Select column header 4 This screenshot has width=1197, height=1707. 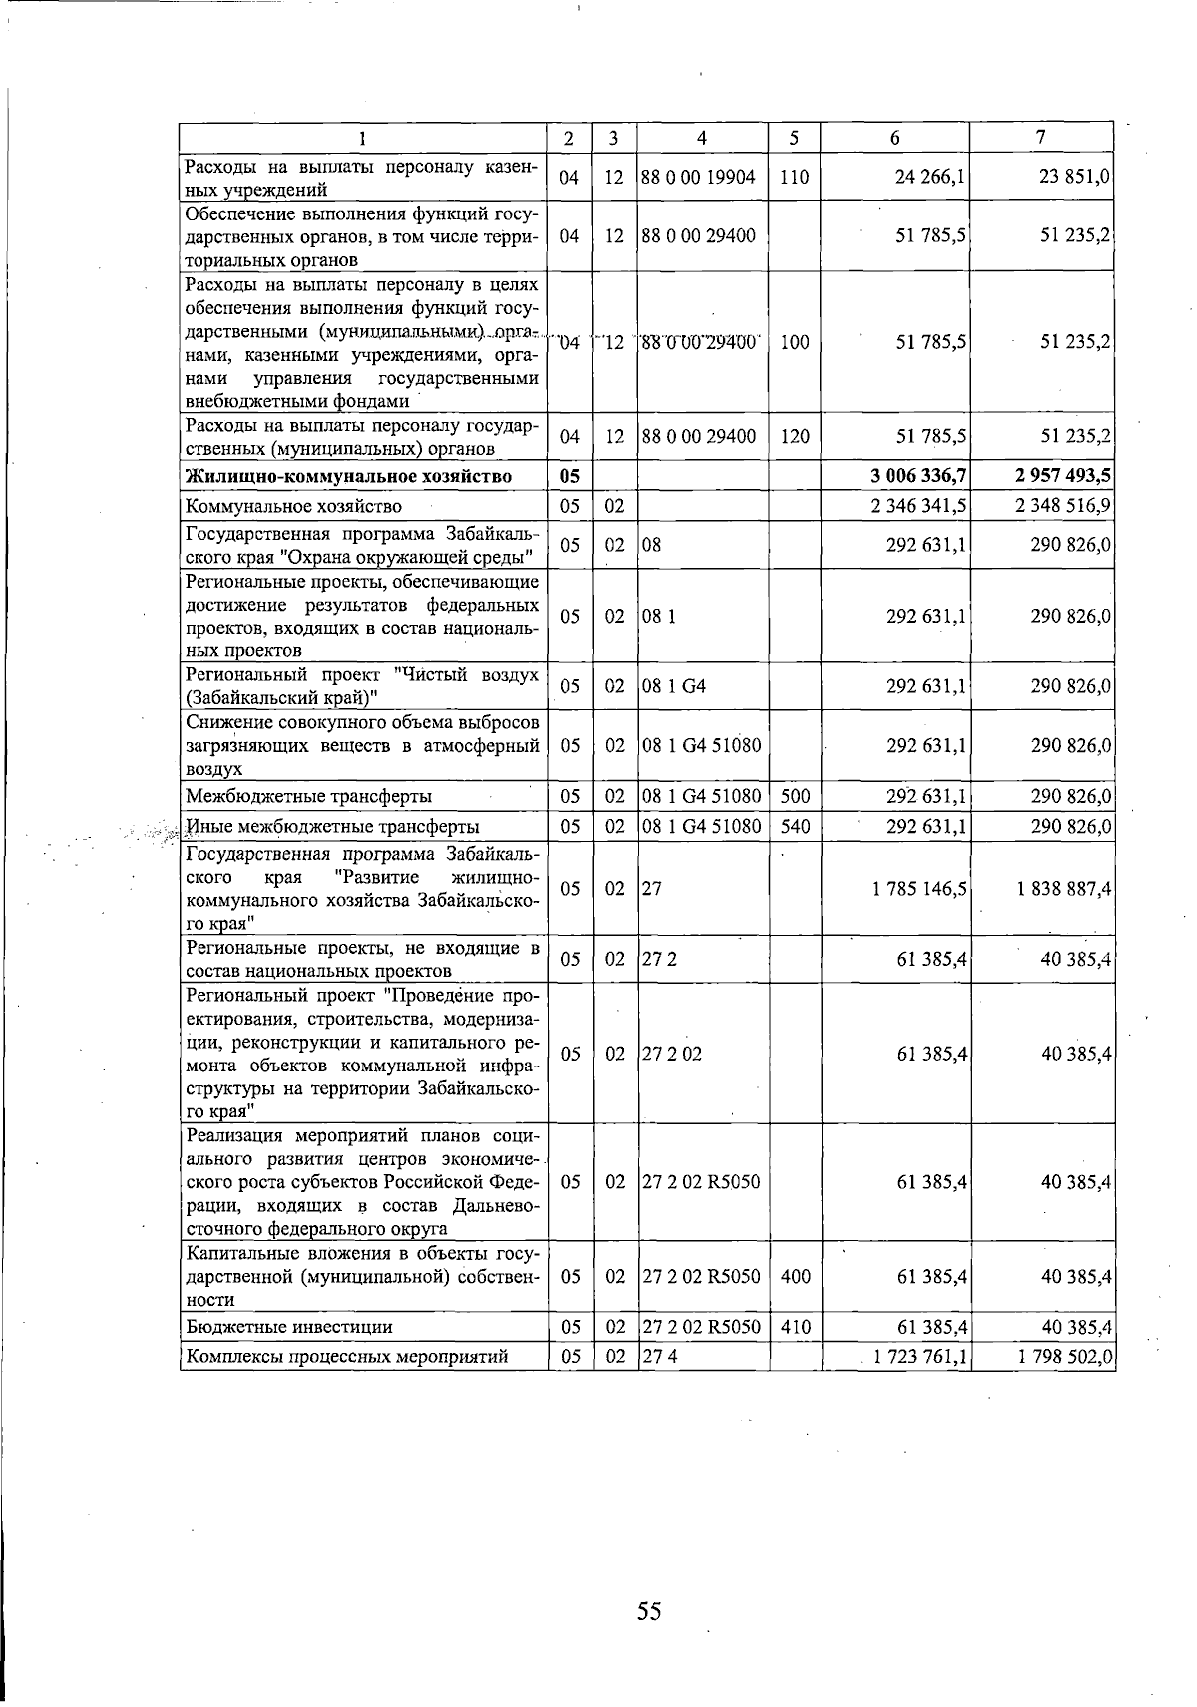coord(702,138)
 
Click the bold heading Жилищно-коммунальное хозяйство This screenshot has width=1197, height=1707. coord(349,477)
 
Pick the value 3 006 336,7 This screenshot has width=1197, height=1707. coord(917,477)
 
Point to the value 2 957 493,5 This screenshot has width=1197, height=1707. coord(1063,477)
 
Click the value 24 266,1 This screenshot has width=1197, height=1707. coord(931,178)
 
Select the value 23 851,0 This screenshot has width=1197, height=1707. coord(1075,178)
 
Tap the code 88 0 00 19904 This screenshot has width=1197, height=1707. coord(698,178)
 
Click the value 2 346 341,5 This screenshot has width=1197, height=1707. coord(918,506)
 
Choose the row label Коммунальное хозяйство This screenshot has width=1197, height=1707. coord(294,506)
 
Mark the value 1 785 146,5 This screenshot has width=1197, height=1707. coord(918,888)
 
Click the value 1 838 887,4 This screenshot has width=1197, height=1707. coord(1063,888)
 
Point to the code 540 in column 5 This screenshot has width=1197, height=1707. coord(795,826)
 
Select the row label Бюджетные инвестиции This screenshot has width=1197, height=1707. coord(289,1327)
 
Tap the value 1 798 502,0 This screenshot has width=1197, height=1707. coord(1063,1357)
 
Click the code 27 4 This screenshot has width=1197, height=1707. coord(654,1357)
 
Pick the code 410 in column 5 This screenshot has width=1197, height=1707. coord(795,1327)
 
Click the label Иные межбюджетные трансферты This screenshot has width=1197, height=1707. coord(332,826)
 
